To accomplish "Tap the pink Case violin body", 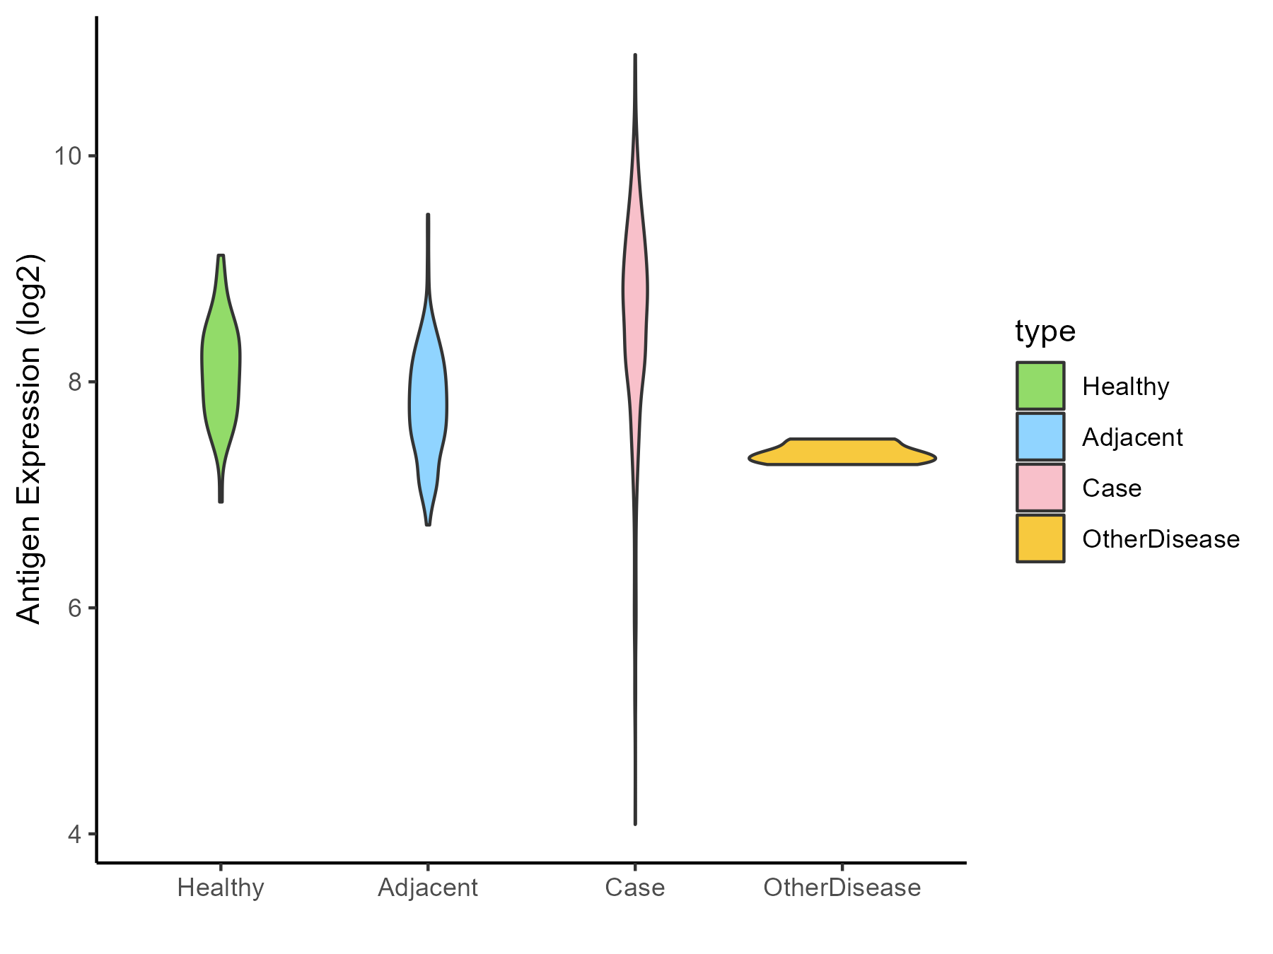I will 635,297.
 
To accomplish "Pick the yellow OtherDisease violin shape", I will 842,452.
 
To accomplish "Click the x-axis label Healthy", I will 221,888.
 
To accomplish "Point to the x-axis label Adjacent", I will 428,888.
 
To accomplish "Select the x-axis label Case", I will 635,888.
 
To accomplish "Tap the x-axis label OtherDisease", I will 842,888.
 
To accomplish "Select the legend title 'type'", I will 1045,331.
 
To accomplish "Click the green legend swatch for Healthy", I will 1040,386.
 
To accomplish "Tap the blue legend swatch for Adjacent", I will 1040,437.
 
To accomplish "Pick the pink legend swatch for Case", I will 1040,488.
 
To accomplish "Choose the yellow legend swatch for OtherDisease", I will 1040,538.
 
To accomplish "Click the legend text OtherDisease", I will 1161,539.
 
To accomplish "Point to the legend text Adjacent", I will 1132,437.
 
